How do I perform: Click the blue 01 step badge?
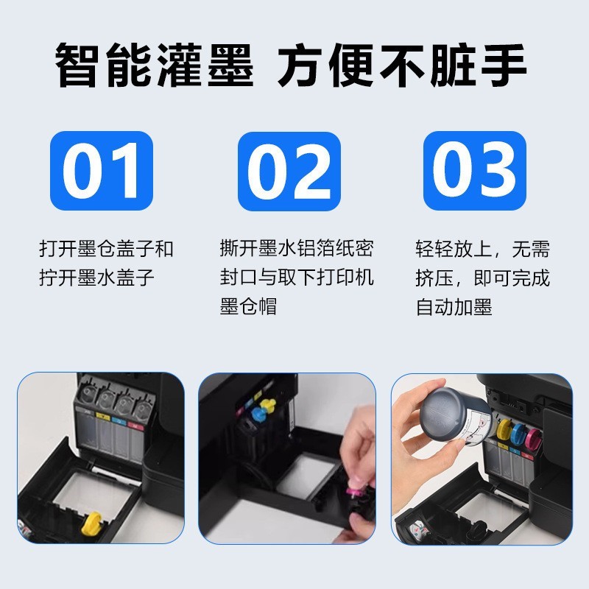[102, 171]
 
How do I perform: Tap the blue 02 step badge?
[289, 172]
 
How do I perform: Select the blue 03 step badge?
[475, 171]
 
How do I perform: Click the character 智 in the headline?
[78, 66]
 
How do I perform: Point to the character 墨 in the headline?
[230, 66]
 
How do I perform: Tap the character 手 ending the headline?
[504, 66]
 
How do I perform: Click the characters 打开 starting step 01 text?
[58, 249]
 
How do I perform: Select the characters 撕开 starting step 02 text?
[239, 248]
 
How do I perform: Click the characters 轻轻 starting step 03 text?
[434, 249]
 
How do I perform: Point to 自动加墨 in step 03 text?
[454, 307]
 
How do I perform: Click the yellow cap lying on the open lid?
[92, 523]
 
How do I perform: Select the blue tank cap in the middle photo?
[259, 415]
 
